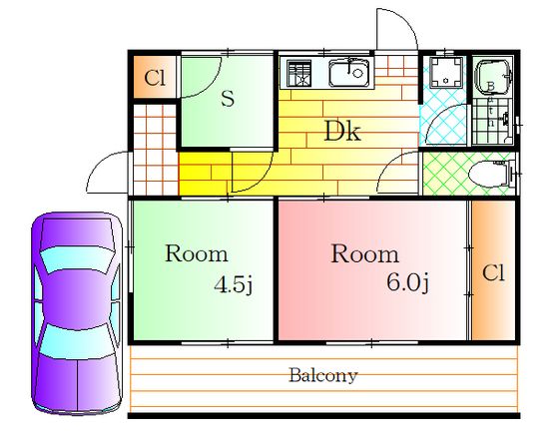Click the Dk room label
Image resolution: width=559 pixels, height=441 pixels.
(342, 131)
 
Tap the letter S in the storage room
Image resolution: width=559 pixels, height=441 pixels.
(228, 99)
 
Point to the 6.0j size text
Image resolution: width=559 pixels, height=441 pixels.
(408, 282)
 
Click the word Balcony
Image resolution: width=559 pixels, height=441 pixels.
(322, 375)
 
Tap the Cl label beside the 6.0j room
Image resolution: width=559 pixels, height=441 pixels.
(493, 273)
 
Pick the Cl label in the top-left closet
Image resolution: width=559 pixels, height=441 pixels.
(155, 78)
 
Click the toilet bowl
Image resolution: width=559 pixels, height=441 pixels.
(489, 174)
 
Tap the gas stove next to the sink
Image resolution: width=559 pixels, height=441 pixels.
(299, 74)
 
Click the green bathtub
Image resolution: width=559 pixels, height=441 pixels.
(493, 77)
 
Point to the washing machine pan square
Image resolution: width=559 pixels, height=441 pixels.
(446, 73)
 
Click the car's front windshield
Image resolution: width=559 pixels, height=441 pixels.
(78, 259)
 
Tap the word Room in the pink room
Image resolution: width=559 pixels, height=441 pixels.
(364, 254)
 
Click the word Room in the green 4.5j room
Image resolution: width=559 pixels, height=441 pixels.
(196, 253)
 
